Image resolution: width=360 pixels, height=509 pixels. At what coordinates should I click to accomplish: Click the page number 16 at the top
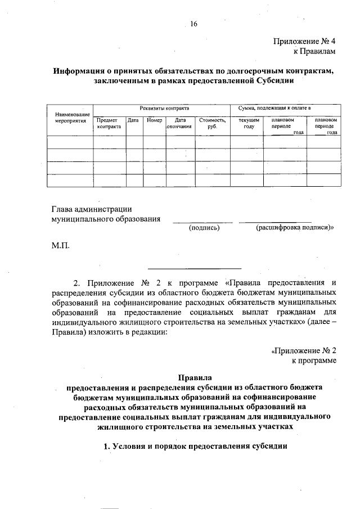(194, 24)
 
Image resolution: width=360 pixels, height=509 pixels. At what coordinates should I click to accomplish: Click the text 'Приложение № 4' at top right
(304, 42)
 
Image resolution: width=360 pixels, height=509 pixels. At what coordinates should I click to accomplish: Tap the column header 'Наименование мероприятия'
(70, 117)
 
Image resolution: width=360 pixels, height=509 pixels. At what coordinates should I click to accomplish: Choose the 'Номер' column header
(154, 120)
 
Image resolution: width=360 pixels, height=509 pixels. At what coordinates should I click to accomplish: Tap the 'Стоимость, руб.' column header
(212, 123)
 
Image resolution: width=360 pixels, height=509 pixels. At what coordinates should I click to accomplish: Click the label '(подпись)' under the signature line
(204, 228)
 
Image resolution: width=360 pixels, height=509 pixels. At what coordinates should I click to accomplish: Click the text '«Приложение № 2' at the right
(303, 350)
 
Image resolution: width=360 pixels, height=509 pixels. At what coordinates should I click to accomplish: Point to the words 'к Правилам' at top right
(314, 52)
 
